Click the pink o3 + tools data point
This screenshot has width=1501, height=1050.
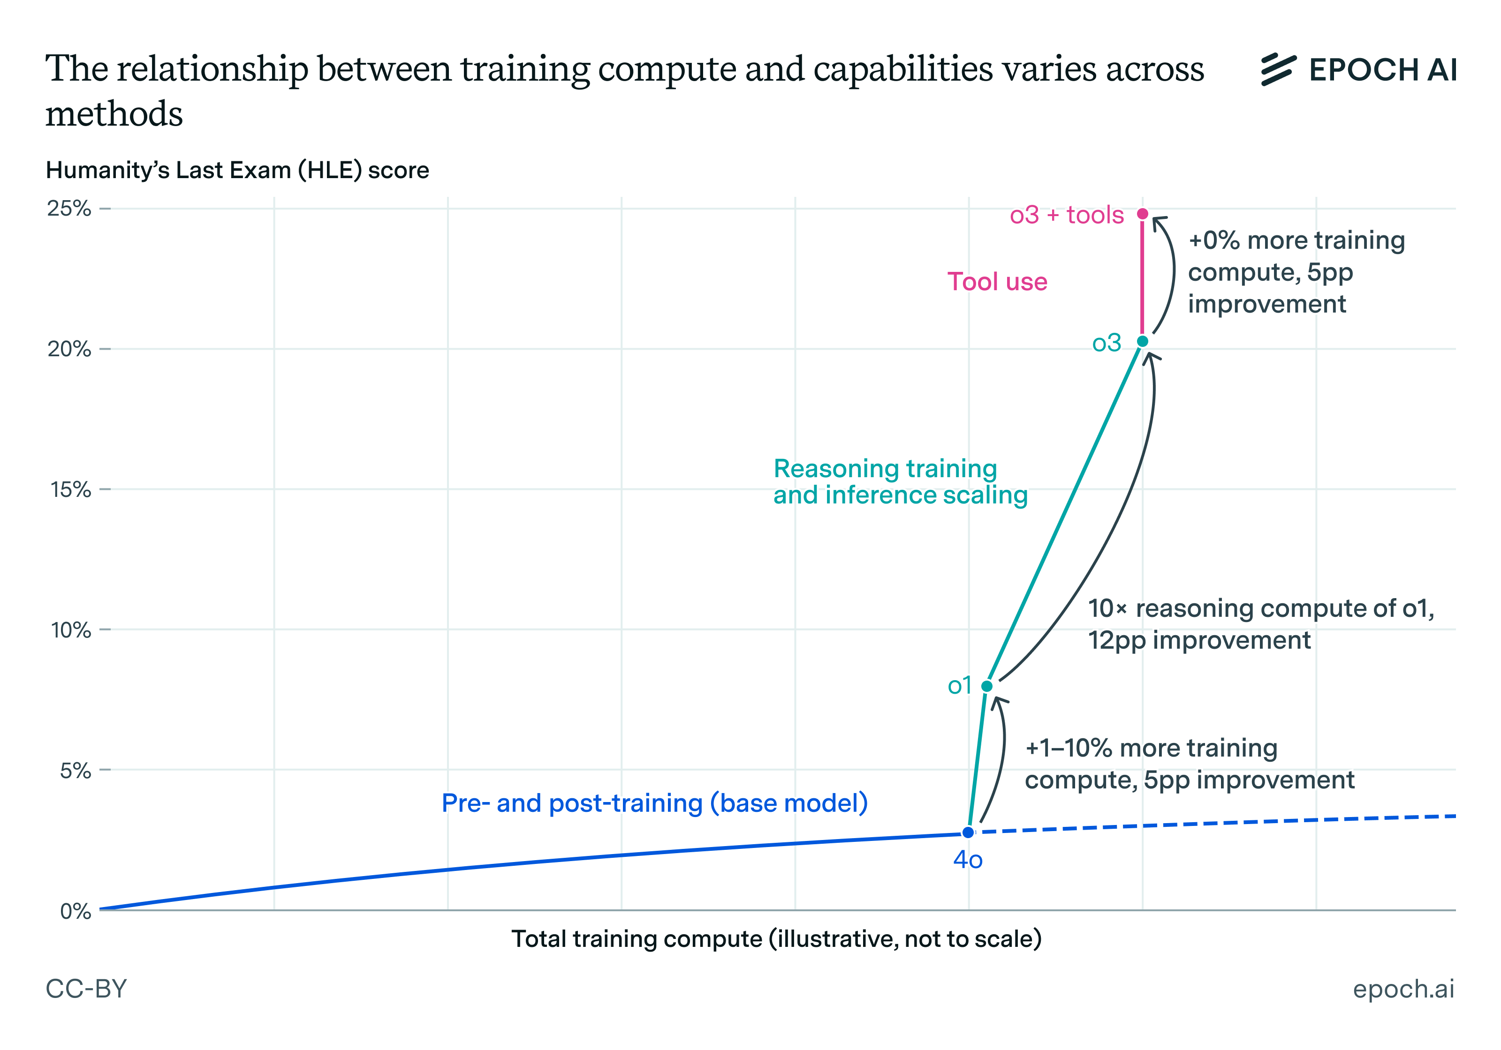click(x=1142, y=214)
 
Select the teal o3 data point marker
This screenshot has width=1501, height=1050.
click(x=1142, y=341)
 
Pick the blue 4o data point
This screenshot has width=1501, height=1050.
click(x=968, y=832)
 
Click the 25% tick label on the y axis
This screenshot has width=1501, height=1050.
click(x=68, y=209)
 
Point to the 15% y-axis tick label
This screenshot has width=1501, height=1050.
click(x=70, y=489)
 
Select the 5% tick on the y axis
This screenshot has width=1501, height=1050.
click(x=75, y=770)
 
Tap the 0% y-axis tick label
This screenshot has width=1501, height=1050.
click(x=75, y=911)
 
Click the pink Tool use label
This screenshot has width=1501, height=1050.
click(x=997, y=282)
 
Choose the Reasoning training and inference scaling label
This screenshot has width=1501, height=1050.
click(x=900, y=481)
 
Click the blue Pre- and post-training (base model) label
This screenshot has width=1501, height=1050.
click(x=654, y=803)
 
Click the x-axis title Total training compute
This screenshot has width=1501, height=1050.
click(x=776, y=939)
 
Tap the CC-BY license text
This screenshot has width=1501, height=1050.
click(x=86, y=989)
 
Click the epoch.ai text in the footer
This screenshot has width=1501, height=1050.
click(x=1403, y=989)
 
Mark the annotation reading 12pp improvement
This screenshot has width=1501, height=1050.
click(x=1198, y=640)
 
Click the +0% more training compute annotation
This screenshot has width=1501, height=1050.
click(x=1296, y=272)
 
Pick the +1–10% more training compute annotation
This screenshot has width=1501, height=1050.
click(x=1189, y=764)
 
